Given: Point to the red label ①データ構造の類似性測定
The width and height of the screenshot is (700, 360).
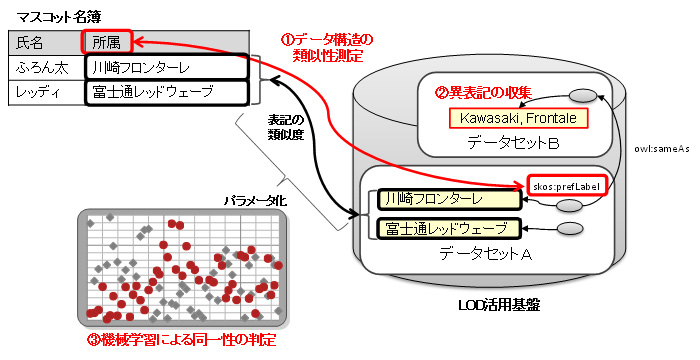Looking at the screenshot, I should (326, 48).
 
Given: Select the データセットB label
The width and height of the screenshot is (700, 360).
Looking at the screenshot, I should (512, 143).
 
